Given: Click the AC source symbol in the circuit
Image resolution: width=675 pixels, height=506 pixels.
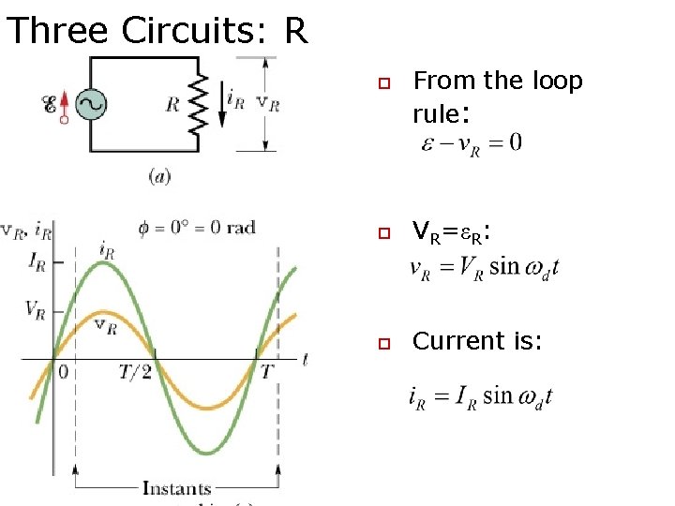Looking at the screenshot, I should point(90,104).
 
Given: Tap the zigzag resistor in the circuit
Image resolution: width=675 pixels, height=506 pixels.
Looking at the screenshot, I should point(198,103).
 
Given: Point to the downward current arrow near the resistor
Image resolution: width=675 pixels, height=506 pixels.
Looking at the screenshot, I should point(223,105).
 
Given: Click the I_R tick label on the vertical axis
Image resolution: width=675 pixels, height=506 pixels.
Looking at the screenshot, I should point(37,264).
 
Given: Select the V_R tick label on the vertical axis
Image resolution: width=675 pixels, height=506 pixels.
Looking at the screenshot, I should point(36,309).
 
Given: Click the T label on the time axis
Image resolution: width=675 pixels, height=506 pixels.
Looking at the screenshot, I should point(266,372).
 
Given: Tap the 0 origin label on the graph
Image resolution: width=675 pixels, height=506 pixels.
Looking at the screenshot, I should point(63,372).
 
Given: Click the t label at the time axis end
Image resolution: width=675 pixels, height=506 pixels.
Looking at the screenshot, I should point(305,359).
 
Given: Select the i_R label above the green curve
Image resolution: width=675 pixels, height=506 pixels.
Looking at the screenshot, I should point(106,250).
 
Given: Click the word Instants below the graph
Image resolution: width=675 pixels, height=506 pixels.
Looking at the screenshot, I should point(176,487).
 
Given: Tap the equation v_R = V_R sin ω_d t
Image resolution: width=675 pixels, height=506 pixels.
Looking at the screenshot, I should point(485,266).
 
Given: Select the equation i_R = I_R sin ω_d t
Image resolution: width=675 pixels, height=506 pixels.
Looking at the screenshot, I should point(480,396).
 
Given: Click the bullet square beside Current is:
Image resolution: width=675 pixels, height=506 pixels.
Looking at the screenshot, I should point(382,343).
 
